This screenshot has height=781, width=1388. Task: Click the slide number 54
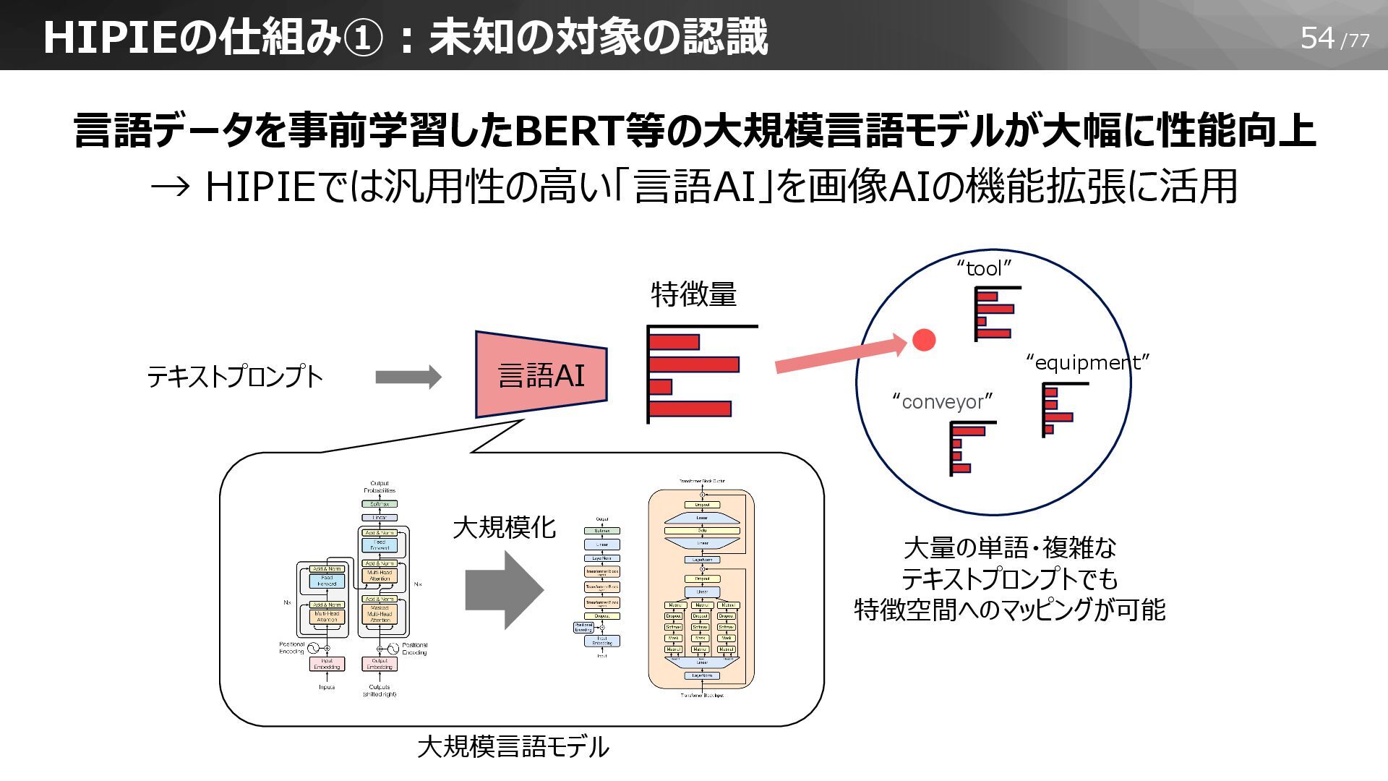pyautogui.click(x=1316, y=38)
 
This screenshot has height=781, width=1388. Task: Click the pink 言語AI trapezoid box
pyautogui.click(x=541, y=375)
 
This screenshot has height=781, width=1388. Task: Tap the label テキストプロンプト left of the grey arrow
pyautogui.click(x=234, y=377)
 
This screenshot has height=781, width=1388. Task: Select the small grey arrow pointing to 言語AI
pyautogui.click(x=408, y=377)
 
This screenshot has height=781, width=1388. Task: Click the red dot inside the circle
pyautogui.click(x=923, y=340)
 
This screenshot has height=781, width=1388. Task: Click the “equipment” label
pyautogui.click(x=1087, y=362)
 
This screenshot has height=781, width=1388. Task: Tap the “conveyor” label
pyautogui.click(x=943, y=401)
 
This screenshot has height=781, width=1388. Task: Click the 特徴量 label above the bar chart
pyautogui.click(x=693, y=294)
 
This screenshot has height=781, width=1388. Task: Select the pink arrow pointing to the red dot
pyautogui.click(x=839, y=354)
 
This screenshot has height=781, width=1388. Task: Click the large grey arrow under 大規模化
pyautogui.click(x=504, y=589)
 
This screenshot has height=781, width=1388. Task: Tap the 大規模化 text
pyautogui.click(x=504, y=527)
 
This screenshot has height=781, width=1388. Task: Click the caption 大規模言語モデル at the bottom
pyautogui.click(x=513, y=746)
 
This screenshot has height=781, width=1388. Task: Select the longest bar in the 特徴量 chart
pyautogui.click(x=694, y=364)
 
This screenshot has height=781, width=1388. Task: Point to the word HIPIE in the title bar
pyautogui.click(x=110, y=38)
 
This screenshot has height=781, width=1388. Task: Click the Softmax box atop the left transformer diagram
pyautogui.click(x=380, y=503)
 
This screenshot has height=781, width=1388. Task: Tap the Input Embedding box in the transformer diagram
pyautogui.click(x=327, y=663)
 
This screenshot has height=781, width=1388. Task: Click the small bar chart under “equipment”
pyautogui.click(x=1058, y=410)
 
